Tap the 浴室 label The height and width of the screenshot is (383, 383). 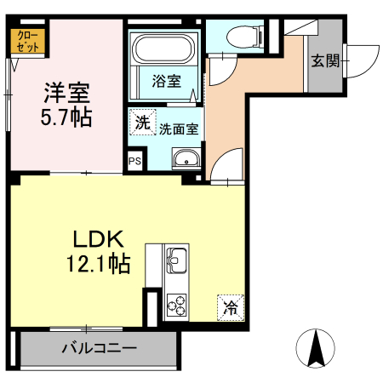click(165, 82)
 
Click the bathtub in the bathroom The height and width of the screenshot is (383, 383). click(164, 49)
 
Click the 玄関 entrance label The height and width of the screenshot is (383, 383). click(324, 61)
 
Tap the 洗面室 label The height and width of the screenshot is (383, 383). click(178, 129)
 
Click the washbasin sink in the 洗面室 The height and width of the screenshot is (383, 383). click(186, 159)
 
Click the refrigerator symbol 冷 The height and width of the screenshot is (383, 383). click(231, 304)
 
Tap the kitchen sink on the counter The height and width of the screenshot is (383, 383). click(177, 261)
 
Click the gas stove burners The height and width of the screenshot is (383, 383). click(177, 302)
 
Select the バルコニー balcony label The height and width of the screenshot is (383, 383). click(98, 348)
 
